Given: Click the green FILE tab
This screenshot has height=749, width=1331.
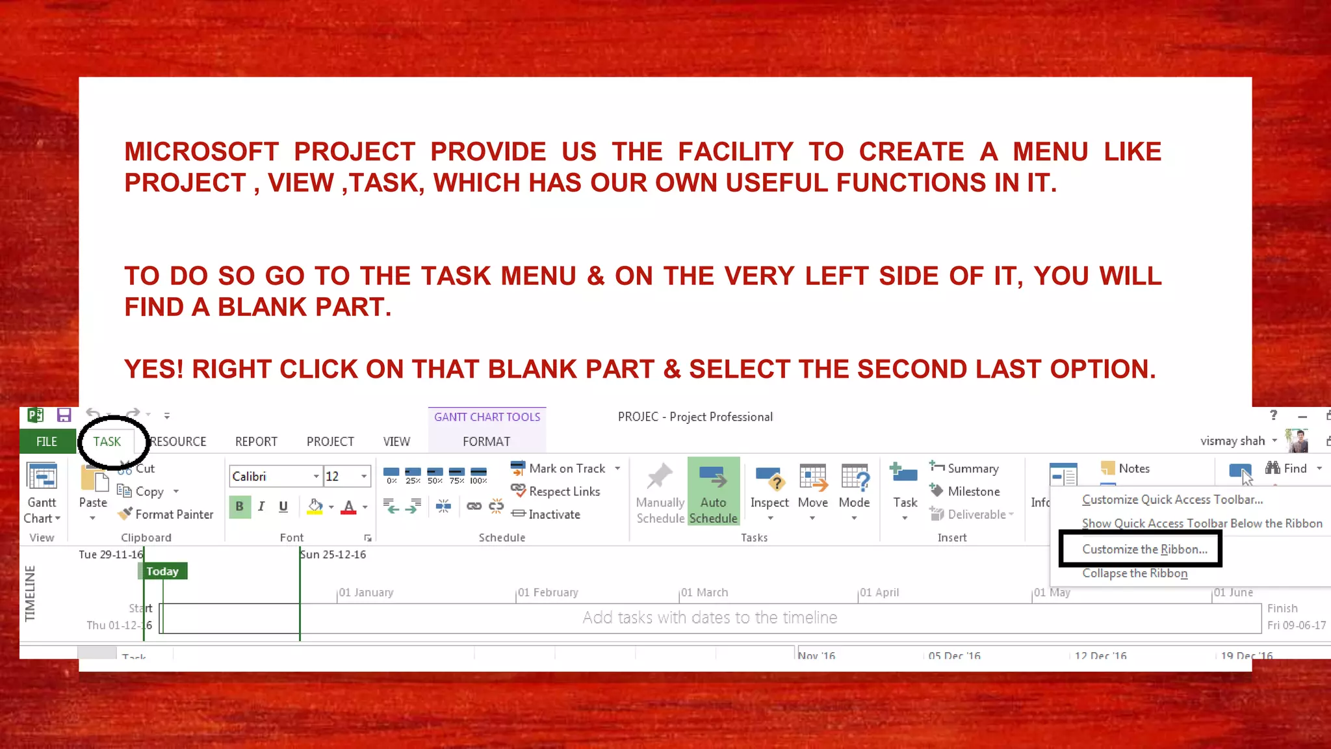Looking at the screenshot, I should (x=47, y=441).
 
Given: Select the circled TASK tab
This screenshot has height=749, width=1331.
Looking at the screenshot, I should (x=107, y=441).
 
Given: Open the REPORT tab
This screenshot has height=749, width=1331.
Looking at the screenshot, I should (x=256, y=441).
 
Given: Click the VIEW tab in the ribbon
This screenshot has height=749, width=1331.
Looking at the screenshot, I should (x=396, y=441).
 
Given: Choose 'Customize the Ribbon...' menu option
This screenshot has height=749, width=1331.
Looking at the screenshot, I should (x=1144, y=549).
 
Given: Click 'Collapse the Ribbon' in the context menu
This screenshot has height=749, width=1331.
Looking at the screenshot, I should (x=1135, y=573).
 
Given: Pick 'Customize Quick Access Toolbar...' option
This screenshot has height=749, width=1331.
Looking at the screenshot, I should (x=1172, y=499).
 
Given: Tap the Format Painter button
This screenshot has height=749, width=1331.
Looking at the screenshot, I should (x=166, y=514).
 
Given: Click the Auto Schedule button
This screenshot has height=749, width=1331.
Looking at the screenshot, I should (x=713, y=492).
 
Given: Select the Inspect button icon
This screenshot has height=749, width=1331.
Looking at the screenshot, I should (x=769, y=481).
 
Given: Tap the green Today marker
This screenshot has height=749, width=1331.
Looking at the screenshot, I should (x=162, y=572).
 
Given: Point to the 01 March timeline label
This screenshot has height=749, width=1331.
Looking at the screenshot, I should (x=705, y=592).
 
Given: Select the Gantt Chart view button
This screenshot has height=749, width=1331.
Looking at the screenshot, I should (x=42, y=492).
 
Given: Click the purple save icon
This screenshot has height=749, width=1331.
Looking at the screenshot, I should (x=64, y=415).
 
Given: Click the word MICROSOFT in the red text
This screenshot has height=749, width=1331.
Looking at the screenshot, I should (x=201, y=151).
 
